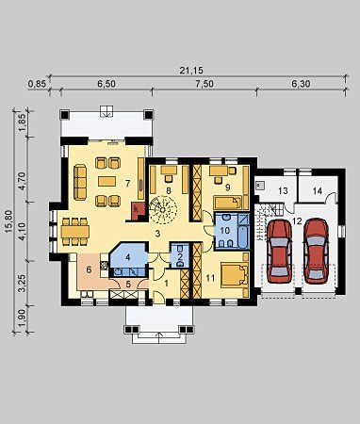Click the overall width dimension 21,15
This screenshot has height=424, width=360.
click(191, 71)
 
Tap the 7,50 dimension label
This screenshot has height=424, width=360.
click(205, 84)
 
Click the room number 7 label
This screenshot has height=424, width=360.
click(127, 183)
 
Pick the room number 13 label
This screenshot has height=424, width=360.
click(283, 190)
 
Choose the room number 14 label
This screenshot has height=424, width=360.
click(318, 190)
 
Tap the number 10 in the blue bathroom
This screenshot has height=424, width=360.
click(225, 230)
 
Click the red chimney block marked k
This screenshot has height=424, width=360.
click(138, 209)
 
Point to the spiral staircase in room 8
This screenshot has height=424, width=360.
click(163, 210)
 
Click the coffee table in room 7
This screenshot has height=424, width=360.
click(107, 181)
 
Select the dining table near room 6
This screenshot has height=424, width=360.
click(75, 232)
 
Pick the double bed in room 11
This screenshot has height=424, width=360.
click(235, 275)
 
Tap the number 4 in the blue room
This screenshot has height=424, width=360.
click(127, 257)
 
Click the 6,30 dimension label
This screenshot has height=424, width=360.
click(301, 84)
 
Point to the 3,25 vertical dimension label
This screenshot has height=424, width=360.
click(23, 284)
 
